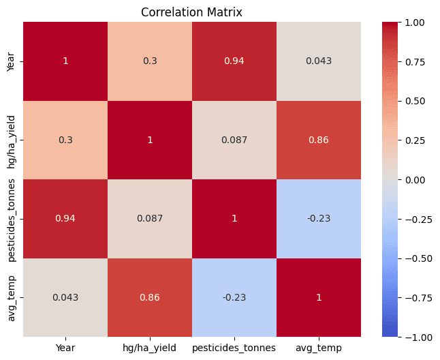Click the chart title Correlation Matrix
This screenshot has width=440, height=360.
[x=191, y=12]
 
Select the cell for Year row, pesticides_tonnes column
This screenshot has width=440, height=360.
[x=234, y=61]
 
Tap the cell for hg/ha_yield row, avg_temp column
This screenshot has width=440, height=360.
[x=319, y=140]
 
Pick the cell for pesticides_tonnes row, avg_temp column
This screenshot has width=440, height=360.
[x=319, y=218]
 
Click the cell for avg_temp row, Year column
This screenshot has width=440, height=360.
[x=65, y=297]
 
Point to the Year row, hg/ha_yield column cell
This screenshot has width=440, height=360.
[x=150, y=61]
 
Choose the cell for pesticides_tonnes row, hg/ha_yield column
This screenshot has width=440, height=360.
[x=150, y=218]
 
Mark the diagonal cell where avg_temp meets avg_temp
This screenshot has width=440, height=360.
[x=319, y=297]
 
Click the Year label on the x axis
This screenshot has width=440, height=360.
[x=65, y=347]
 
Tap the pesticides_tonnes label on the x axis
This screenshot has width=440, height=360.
[x=234, y=347]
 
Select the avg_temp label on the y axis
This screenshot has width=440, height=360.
[x=10, y=297]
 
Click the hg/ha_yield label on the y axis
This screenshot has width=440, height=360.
[x=10, y=140]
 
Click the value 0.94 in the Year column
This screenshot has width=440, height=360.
[x=65, y=218]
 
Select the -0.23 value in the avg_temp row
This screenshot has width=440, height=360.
[x=234, y=297]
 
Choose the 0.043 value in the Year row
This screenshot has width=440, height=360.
[x=319, y=61]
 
